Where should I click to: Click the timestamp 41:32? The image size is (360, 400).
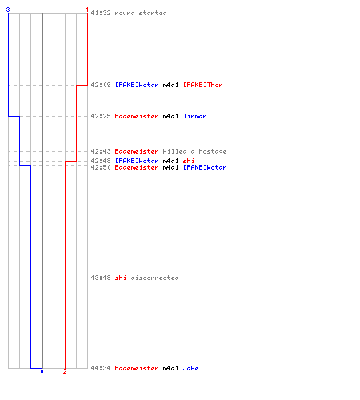pyautogui.click(x=101, y=13)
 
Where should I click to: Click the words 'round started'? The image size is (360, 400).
pyautogui.click(x=141, y=13)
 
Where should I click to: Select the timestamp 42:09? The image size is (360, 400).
pyautogui.click(x=101, y=85)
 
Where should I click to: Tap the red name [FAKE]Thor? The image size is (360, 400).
pyautogui.click(x=202, y=85)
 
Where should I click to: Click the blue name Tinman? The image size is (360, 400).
pyautogui.click(x=194, y=116)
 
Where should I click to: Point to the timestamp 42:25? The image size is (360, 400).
pyautogui.click(x=101, y=116)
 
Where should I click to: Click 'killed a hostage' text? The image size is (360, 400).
pyautogui.click(x=194, y=151)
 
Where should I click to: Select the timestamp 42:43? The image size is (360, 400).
pyautogui.click(x=101, y=151)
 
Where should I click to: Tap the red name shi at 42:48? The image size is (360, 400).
pyautogui.click(x=189, y=161)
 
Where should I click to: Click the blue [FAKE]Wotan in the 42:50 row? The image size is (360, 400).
pyautogui.click(x=205, y=167)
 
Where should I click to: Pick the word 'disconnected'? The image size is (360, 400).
pyautogui.click(x=154, y=278)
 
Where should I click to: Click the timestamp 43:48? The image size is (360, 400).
pyautogui.click(x=101, y=278)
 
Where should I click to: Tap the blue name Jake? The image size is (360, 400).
pyautogui.click(x=190, y=368)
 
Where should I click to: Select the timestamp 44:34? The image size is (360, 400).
pyautogui.click(x=101, y=368)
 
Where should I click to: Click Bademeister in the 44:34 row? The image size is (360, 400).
pyautogui.click(x=137, y=368)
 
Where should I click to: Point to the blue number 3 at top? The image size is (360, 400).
pyautogui.click(x=8, y=10)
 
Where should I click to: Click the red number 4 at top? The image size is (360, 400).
pyautogui.click(x=87, y=10)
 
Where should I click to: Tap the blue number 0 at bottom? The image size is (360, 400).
pyautogui.click(x=42, y=371)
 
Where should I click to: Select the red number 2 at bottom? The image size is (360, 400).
pyautogui.click(x=65, y=371)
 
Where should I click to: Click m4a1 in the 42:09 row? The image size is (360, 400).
pyautogui.click(x=170, y=85)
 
